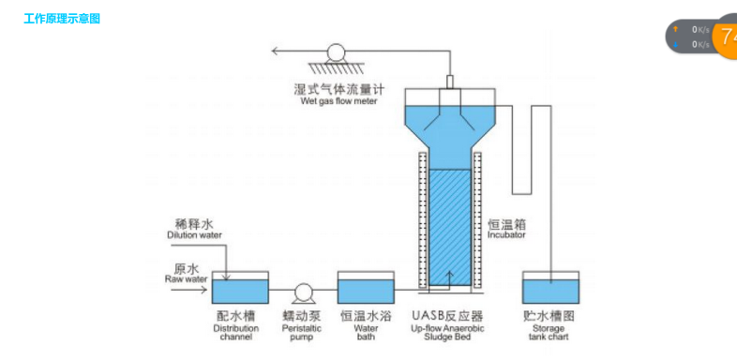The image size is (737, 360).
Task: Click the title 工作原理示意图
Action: [x=62, y=19]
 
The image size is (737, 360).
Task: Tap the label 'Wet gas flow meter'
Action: [x=338, y=101]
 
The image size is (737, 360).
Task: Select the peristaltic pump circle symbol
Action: [x=302, y=292]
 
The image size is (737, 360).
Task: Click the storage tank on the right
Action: [x=550, y=290]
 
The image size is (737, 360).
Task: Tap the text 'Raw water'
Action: [x=186, y=278]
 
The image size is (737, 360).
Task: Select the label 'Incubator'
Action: [x=506, y=235]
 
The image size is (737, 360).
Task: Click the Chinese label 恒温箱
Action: [x=506, y=224]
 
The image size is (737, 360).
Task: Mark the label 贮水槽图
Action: [x=549, y=317]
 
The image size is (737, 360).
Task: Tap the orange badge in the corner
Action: [x=725, y=37]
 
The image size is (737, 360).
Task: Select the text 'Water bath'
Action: [x=365, y=333]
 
